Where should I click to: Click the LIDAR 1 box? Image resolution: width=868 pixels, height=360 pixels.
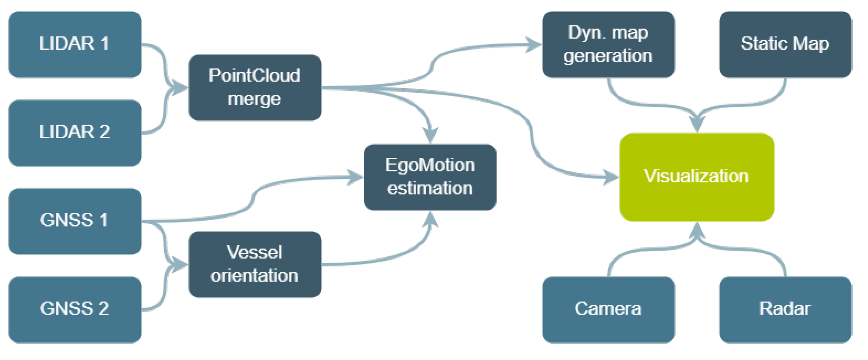75,44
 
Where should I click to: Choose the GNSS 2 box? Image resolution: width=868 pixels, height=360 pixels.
75,310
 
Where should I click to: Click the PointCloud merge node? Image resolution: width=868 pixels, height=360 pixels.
255,87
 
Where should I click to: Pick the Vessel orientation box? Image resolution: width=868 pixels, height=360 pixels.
255,264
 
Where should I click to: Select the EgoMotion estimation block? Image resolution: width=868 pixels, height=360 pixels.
430,177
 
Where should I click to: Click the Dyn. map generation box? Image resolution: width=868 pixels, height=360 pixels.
608,44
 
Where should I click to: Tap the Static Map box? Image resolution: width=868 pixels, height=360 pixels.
785,44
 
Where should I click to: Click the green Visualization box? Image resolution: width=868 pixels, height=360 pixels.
697,177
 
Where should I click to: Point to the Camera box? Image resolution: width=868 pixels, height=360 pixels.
608,310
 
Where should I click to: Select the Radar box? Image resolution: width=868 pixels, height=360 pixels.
785,310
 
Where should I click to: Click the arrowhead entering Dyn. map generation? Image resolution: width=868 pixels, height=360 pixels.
534,45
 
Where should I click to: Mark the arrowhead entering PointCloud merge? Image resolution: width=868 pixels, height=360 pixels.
180,87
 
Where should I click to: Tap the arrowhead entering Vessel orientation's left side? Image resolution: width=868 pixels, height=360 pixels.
180,264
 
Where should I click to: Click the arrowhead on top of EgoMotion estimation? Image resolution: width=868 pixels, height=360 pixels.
430,136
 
